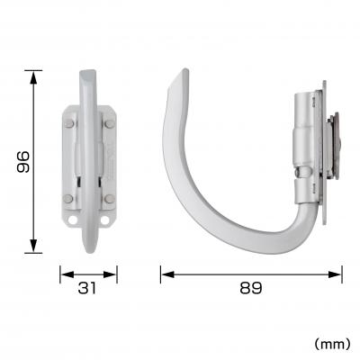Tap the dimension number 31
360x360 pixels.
click(x=88, y=288)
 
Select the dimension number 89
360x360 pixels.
click(x=251, y=288)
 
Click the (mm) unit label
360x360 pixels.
click(x=331, y=343)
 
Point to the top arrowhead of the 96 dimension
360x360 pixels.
click(x=34, y=74)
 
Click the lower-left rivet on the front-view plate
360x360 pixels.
click(x=69, y=198)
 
